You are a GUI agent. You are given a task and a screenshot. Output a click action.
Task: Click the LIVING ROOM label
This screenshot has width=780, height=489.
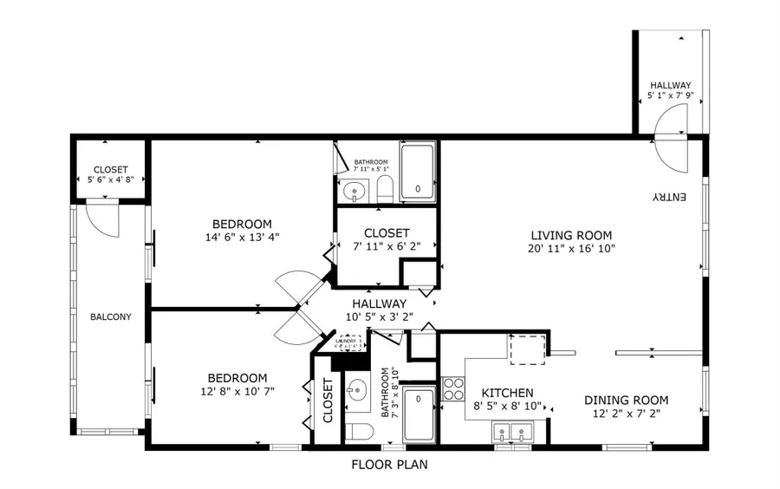(x=571, y=235)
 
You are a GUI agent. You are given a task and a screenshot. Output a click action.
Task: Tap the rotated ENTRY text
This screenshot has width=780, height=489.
(x=669, y=198)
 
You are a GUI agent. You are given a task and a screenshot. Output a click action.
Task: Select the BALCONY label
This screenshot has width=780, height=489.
(x=110, y=316)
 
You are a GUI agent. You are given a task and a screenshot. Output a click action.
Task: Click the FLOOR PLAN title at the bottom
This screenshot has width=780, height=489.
(x=389, y=465)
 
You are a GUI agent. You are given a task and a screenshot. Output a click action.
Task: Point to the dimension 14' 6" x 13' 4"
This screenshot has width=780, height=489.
(x=242, y=237)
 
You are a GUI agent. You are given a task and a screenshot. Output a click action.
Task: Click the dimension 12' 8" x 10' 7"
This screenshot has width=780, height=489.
(x=237, y=391)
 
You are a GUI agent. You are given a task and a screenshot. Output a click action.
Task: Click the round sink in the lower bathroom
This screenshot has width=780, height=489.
(x=357, y=392)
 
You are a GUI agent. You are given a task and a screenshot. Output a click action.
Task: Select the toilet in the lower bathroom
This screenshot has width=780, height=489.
(x=357, y=431)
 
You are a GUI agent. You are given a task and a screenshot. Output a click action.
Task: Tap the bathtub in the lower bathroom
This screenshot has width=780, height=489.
(x=419, y=415)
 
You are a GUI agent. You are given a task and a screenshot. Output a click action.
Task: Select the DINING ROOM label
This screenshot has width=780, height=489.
(x=626, y=400)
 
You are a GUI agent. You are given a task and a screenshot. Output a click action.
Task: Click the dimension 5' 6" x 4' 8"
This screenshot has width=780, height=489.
(x=110, y=179)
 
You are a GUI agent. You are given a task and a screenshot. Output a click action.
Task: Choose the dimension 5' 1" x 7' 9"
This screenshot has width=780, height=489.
(x=671, y=95)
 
